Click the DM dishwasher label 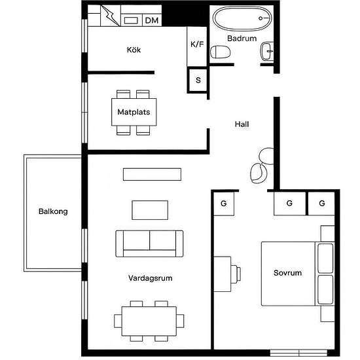pyautogui.click(x=152, y=20)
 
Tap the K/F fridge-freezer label pyautogui.click(x=197, y=44)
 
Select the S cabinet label pyautogui.click(x=198, y=80)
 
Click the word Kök pyautogui.click(x=134, y=50)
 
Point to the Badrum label pyautogui.click(x=242, y=38)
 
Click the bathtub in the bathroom pyautogui.click(x=242, y=18)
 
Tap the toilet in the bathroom pyautogui.click(x=220, y=52)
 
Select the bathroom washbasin pyautogui.click(x=267, y=51)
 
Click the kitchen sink pyautogui.click(x=131, y=20)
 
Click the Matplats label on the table pyautogui.click(x=134, y=112)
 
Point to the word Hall pyautogui.click(x=242, y=124)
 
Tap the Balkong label pyautogui.click(x=53, y=211)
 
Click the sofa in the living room pyautogui.click(x=149, y=243)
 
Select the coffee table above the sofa pyautogui.click(x=150, y=210)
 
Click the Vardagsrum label pyautogui.click(x=150, y=278)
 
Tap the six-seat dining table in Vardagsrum pyautogui.click(x=149, y=321)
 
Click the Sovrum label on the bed pyautogui.click(x=287, y=273)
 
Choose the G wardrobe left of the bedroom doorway pyautogui.click(x=224, y=204)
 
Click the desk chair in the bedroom pyautogui.click(x=236, y=274)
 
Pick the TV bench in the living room pyautogui.click(x=152, y=174)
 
